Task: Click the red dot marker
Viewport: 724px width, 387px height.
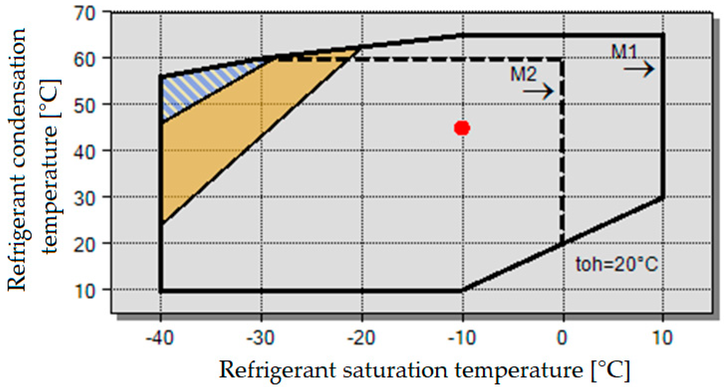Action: pyautogui.click(x=462, y=128)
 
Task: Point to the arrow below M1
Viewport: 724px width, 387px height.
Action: pyautogui.click(x=639, y=69)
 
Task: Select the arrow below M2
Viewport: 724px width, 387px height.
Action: pyautogui.click(x=538, y=91)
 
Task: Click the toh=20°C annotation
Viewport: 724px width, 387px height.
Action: pyautogui.click(x=616, y=264)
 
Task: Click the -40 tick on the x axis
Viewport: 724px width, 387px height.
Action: pyautogui.click(x=160, y=337)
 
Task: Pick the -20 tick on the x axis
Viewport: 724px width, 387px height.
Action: pyautogui.click(x=361, y=337)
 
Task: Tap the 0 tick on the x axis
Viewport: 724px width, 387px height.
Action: pyautogui.click(x=562, y=337)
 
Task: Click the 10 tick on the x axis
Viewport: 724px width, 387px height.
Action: pyautogui.click(x=663, y=337)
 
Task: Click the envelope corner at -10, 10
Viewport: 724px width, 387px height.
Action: pyautogui.click(x=462, y=291)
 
